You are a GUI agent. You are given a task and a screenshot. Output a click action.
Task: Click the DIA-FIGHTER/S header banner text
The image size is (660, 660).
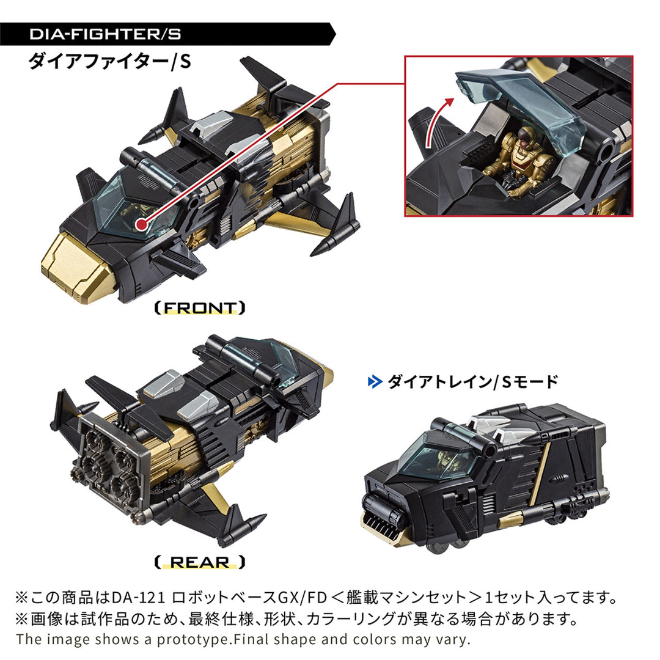[105, 34]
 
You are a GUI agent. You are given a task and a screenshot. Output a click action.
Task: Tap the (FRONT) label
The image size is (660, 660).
[200, 307]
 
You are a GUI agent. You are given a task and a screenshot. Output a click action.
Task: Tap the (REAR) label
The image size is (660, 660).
[200, 562]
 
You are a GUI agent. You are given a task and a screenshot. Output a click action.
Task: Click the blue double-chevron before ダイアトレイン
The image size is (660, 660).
[373, 383]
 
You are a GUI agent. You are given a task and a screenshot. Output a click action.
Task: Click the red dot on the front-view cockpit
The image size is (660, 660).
[142, 224]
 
